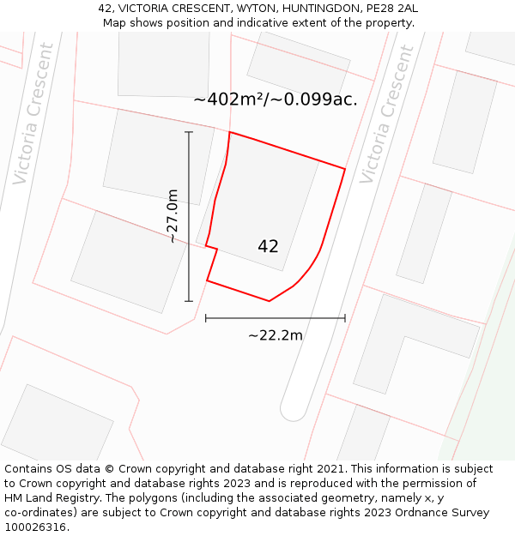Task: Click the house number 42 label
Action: pyautogui.click(x=268, y=246)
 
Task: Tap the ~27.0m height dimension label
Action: pyautogui.click(x=172, y=216)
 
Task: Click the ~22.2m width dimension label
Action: pyautogui.click(x=276, y=335)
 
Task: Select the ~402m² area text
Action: pyautogui.click(x=227, y=99)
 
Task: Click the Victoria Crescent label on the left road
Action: pyautogui.click(x=33, y=113)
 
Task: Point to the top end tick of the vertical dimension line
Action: pyautogui.click(x=189, y=132)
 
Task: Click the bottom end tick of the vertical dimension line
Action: pyautogui.click(x=189, y=301)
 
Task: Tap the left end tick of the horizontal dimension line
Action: pyautogui.click(x=206, y=318)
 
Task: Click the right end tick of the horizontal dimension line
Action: pyautogui.click(x=345, y=318)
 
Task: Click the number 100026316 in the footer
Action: pyautogui.click(x=35, y=527)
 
